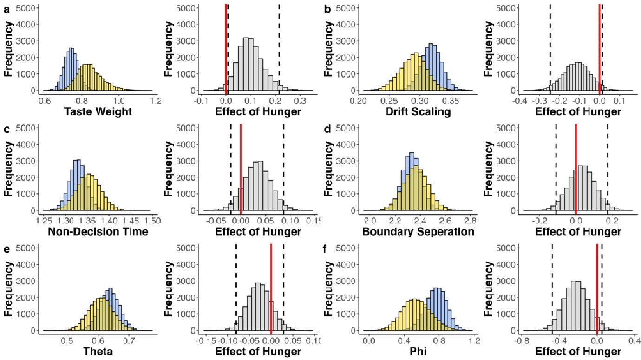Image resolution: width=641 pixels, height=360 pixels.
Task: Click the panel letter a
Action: (x=7, y=8)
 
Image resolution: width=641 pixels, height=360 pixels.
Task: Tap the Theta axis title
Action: (x=99, y=351)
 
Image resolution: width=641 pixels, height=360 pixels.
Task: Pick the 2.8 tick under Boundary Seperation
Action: (x=471, y=220)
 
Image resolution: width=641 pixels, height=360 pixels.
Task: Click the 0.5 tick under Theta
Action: (x=68, y=340)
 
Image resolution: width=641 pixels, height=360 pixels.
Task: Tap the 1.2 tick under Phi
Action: (x=474, y=340)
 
